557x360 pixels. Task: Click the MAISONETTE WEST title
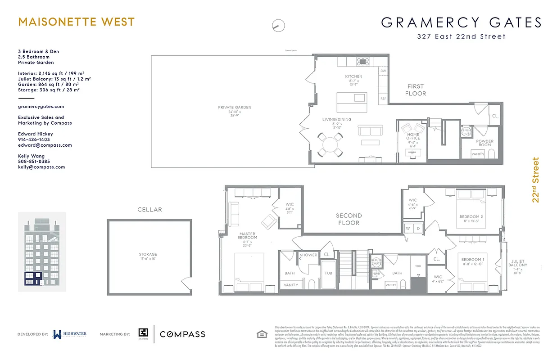click(76, 22)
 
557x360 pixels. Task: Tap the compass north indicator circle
click(279, 26)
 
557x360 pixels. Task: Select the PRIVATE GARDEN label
click(235, 108)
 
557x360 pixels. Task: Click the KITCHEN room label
click(353, 76)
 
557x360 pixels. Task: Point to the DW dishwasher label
click(383, 71)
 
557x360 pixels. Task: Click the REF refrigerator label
click(383, 99)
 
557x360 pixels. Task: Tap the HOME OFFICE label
click(413, 136)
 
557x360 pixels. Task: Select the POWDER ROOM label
click(485, 143)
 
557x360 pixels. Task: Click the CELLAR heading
click(149, 210)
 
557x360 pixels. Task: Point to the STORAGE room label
click(148, 255)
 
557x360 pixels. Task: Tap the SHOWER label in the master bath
click(309, 255)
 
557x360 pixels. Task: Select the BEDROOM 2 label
click(471, 217)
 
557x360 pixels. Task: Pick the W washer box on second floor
click(408, 229)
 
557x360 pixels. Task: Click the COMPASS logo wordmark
click(183, 334)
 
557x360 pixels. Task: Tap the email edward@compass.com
click(45, 145)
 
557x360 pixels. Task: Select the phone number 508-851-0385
click(34, 162)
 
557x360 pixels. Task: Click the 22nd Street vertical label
click(535, 180)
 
